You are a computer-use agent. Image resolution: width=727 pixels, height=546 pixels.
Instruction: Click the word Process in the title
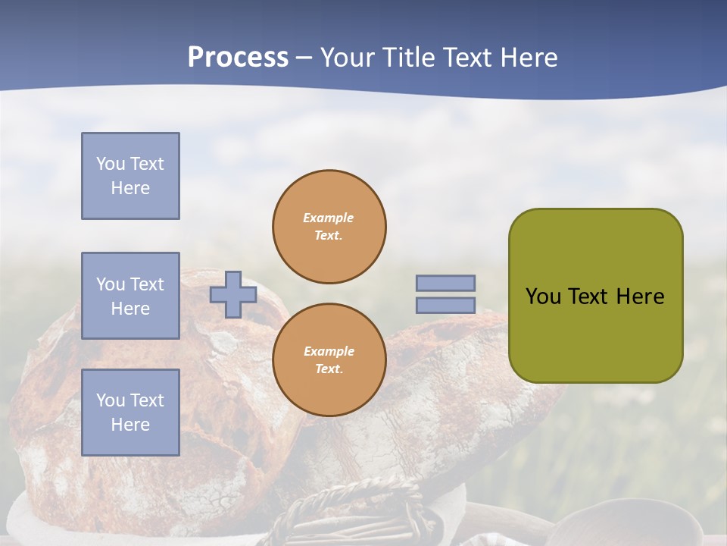238,58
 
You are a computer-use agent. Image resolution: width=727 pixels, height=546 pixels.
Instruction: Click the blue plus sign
232,294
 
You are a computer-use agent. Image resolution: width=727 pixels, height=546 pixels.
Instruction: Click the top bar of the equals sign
445,283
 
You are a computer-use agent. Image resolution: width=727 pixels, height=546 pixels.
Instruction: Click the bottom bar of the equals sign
445,305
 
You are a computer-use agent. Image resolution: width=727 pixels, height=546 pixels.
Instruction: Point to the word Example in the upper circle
328,218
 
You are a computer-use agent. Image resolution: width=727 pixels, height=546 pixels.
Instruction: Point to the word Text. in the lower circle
329,369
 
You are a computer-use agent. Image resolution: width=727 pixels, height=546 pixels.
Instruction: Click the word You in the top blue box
111,164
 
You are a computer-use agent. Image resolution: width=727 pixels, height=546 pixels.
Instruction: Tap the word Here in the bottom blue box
130,425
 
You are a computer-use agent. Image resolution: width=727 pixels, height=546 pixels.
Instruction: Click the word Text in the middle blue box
146,284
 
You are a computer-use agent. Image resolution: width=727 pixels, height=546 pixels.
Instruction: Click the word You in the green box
543,297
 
